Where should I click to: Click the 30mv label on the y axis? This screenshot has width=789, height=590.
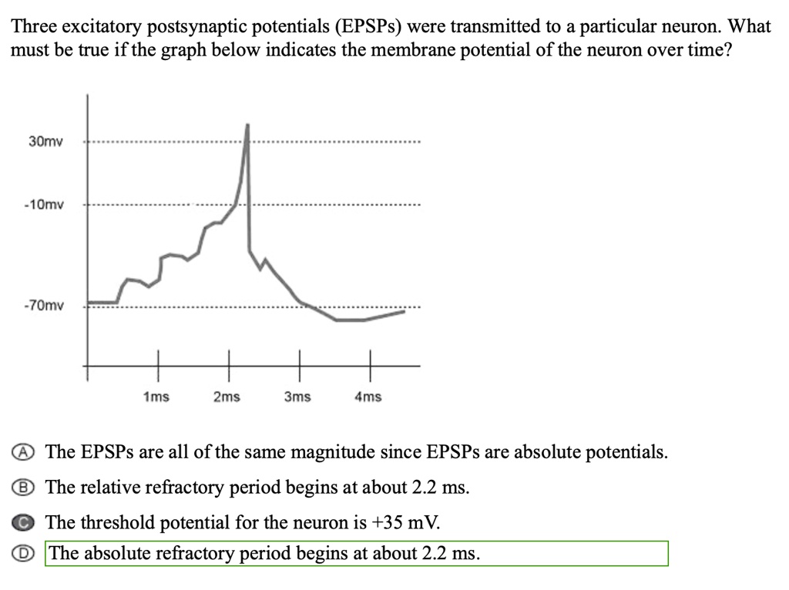pos(46,142)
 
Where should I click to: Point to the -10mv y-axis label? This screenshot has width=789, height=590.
pos(45,206)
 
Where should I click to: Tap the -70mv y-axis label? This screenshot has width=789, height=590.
pos(44,306)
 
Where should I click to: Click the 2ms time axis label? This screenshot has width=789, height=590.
pos(227,397)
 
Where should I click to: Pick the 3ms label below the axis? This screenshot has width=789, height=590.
pos(297,397)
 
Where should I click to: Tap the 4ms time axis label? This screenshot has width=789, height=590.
pos(368,397)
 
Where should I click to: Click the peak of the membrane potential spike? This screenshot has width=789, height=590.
pos(247,124)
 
